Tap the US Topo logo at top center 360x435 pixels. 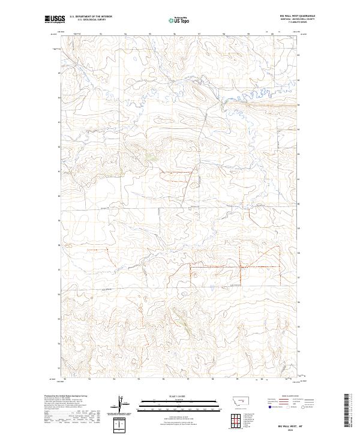pyautogui.click(x=180, y=20)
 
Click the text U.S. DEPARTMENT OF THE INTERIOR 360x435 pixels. pyautogui.click(x=91, y=17)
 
